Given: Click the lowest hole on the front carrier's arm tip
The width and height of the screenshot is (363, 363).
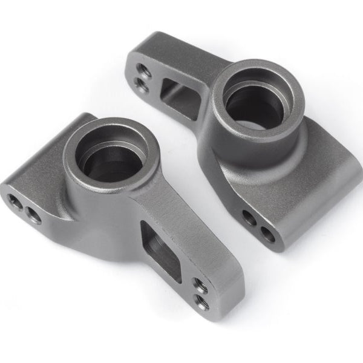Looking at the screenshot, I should click(201, 300).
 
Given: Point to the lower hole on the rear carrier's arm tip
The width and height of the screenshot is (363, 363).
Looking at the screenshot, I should click(143, 85).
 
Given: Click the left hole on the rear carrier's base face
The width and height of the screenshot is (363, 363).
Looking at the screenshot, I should click(248, 215).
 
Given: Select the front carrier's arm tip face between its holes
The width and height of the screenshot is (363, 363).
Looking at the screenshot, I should click(201, 292).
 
